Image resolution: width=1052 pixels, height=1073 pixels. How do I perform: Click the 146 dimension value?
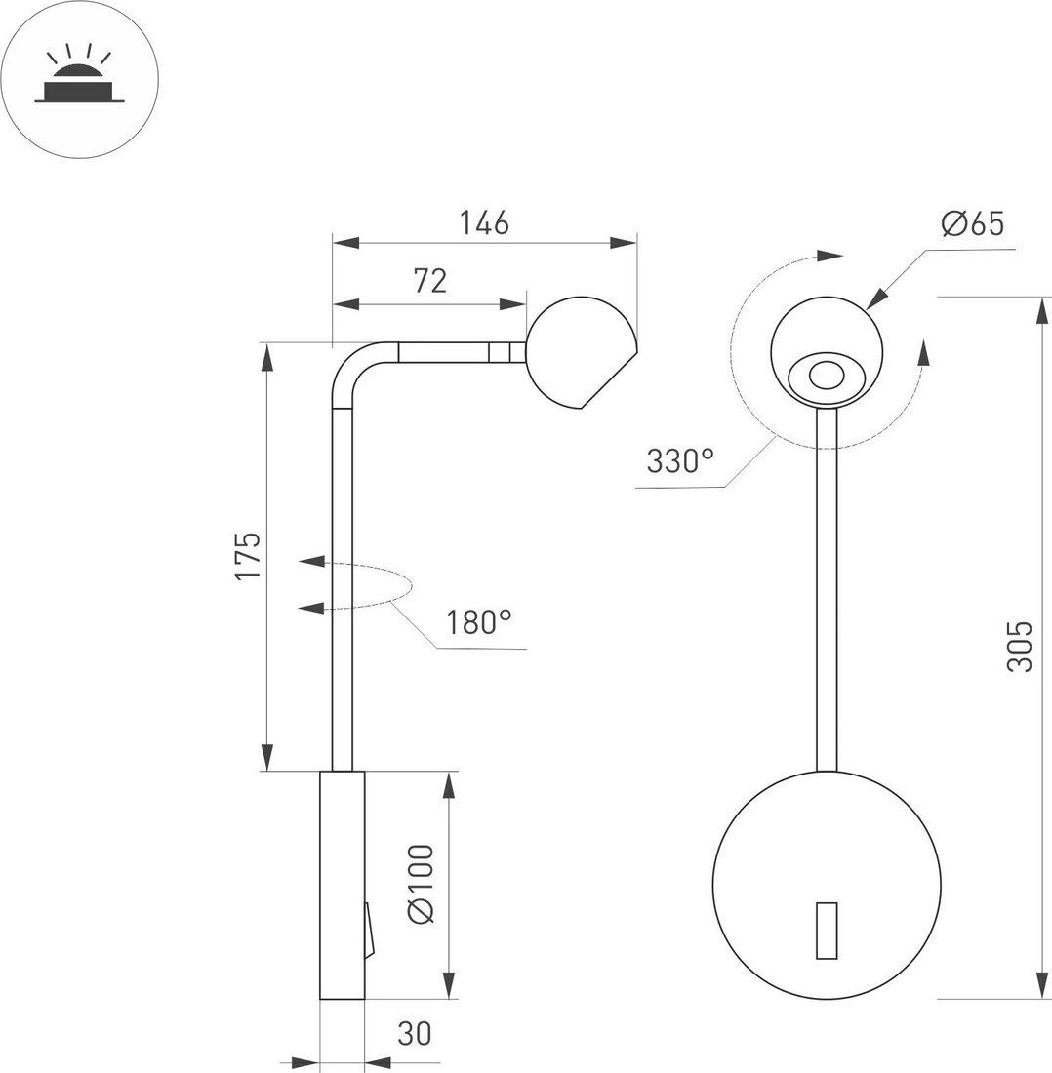coord(485,223)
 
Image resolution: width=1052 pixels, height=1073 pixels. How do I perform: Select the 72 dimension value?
coord(429,281)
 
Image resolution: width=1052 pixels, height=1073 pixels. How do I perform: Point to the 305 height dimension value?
coord(1019,646)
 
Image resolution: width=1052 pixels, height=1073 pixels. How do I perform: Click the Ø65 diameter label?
coord(972,224)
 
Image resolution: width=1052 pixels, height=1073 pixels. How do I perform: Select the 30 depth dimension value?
coord(415,1033)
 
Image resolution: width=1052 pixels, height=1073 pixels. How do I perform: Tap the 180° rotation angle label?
coord(479,621)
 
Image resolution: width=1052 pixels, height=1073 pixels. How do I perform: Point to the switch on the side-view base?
coord(368,929)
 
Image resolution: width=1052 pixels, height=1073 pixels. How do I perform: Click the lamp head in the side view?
coord(578,353)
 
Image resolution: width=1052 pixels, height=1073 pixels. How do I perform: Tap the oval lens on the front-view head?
coord(827,376)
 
